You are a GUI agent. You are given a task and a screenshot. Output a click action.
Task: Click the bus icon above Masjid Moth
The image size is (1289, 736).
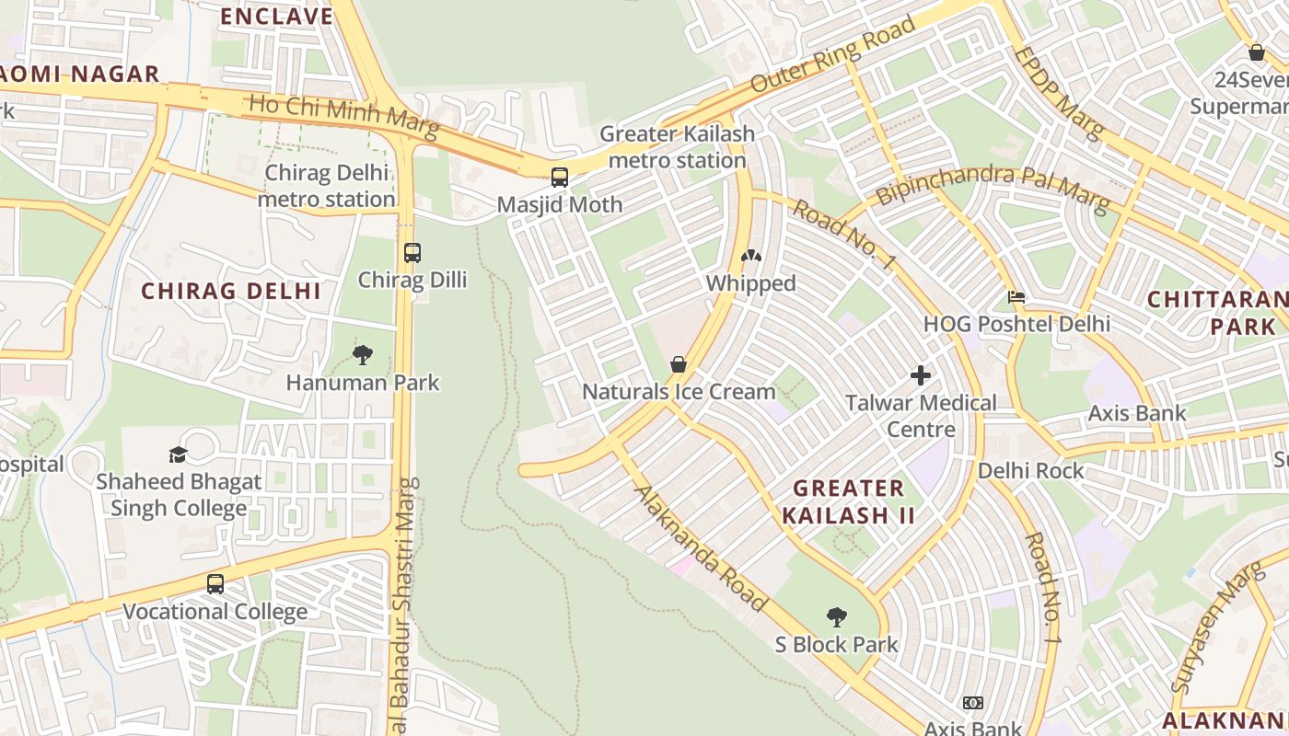(559, 178)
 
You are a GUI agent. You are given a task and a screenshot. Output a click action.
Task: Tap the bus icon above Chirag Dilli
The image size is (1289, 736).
(412, 252)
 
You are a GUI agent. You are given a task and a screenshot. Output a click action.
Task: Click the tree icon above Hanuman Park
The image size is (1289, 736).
(363, 354)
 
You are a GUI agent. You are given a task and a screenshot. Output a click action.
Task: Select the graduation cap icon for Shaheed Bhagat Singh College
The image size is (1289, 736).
(178, 454)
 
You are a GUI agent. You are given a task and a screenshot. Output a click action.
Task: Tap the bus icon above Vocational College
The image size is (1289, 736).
(215, 584)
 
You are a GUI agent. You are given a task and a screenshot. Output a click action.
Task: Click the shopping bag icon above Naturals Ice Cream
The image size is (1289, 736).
(679, 364)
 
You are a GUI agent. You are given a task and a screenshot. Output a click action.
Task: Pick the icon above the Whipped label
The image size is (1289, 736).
(751, 256)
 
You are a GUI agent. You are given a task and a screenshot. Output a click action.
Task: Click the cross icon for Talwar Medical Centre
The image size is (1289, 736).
(920, 375)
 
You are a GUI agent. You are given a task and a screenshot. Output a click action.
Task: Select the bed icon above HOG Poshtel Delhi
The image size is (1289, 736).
(1016, 297)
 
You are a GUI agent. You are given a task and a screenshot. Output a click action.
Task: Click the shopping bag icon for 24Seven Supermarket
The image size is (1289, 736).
(1256, 52)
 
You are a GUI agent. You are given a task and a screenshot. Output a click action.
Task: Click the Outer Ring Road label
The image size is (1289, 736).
(833, 53)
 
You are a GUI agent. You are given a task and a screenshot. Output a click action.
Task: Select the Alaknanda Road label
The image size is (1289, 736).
(700, 548)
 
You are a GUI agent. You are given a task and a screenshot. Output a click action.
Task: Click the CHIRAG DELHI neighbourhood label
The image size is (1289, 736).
(231, 292)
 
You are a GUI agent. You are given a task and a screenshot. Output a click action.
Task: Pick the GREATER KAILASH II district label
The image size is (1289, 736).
(848, 501)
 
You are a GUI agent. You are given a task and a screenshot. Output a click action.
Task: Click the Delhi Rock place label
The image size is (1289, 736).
(1030, 470)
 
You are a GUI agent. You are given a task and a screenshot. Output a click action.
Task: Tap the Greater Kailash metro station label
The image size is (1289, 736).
(677, 146)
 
